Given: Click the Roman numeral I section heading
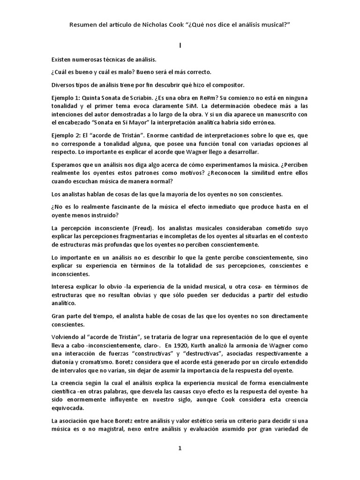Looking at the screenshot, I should pos(180,45).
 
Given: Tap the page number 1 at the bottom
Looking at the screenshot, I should pos(180,448).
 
